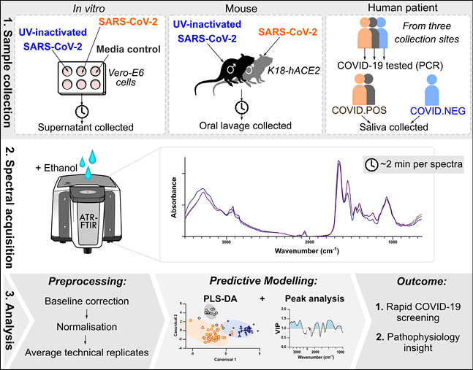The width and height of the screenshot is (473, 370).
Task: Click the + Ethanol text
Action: (56, 150)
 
